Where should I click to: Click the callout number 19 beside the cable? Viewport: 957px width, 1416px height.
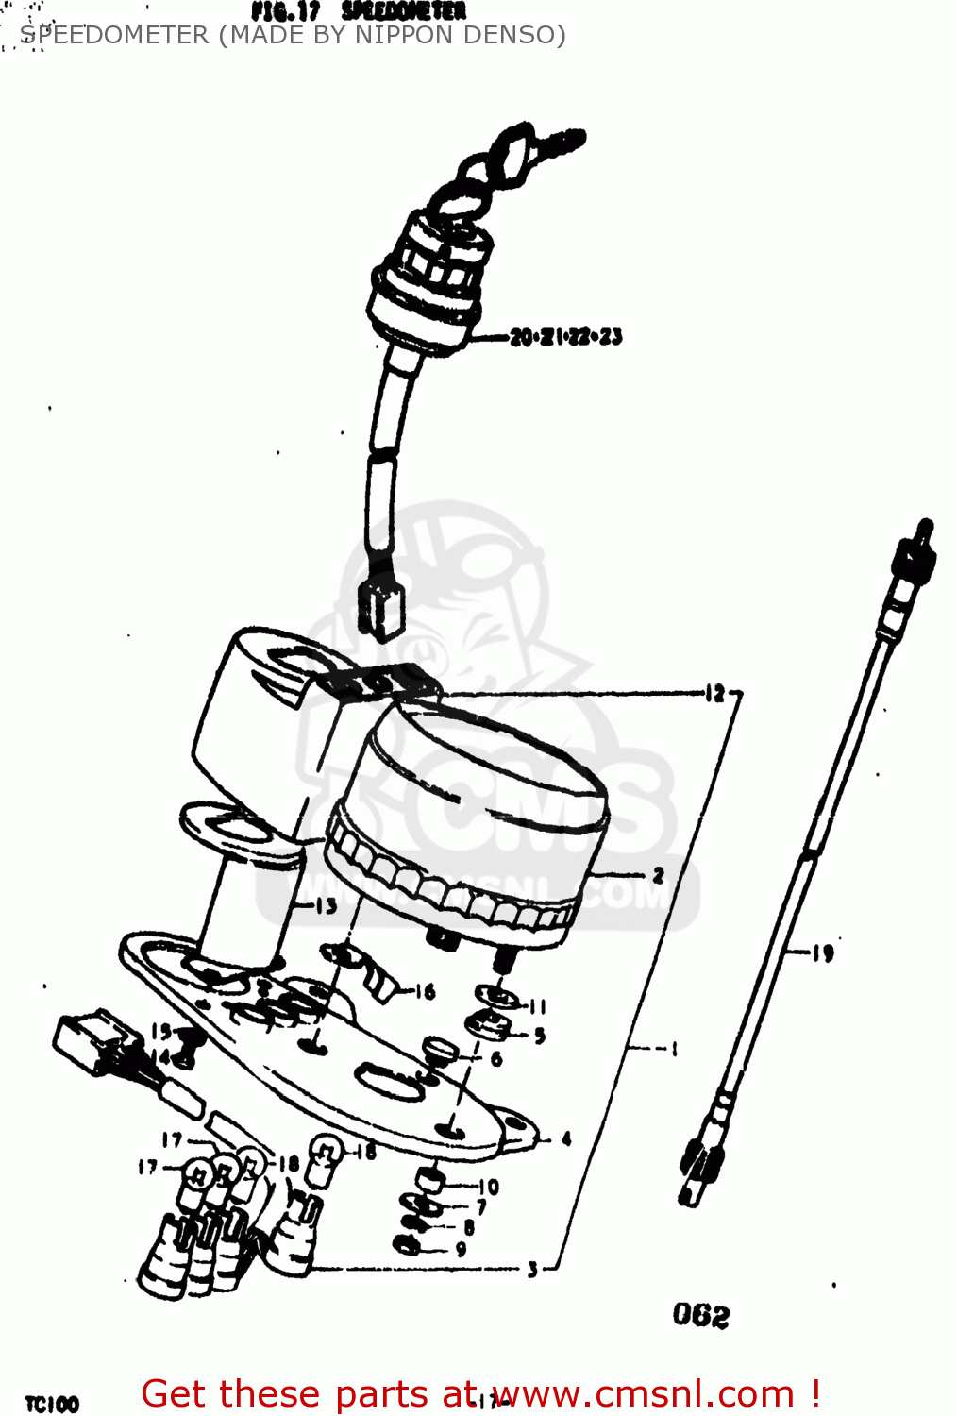[823, 953]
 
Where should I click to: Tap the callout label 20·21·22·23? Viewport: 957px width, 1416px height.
[566, 336]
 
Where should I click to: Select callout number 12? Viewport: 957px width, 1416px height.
[714, 694]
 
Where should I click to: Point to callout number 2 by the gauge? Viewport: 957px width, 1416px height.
[658, 875]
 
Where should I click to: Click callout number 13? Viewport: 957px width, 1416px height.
[326, 906]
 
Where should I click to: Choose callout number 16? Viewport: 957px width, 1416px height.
[425, 991]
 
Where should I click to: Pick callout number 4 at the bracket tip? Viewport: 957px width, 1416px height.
[566, 1138]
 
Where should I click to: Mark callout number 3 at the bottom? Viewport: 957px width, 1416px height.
[532, 1269]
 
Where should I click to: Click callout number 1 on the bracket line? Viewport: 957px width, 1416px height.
[674, 1048]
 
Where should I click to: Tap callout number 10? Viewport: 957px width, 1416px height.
[489, 1187]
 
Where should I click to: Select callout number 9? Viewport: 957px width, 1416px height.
[461, 1249]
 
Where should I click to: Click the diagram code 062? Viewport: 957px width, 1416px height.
[701, 1315]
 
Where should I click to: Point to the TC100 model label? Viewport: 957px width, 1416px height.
[52, 1404]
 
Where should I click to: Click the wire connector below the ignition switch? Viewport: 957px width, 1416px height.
[381, 609]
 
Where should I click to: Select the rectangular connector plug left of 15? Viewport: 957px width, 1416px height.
[90, 1043]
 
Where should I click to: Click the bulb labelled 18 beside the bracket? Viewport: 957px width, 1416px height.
[324, 1152]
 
